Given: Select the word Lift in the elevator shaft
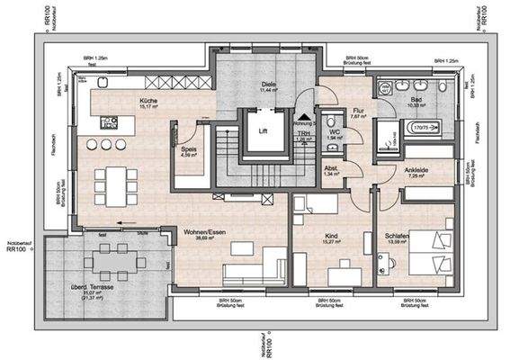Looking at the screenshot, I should pyautogui.click(x=263, y=130).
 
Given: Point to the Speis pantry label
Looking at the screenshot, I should pyautogui.click(x=188, y=150).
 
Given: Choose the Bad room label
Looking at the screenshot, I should pyautogui.click(x=416, y=100).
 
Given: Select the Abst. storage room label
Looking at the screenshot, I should pyautogui.click(x=332, y=168).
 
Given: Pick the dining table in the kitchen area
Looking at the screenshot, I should pyautogui.click(x=112, y=184).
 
